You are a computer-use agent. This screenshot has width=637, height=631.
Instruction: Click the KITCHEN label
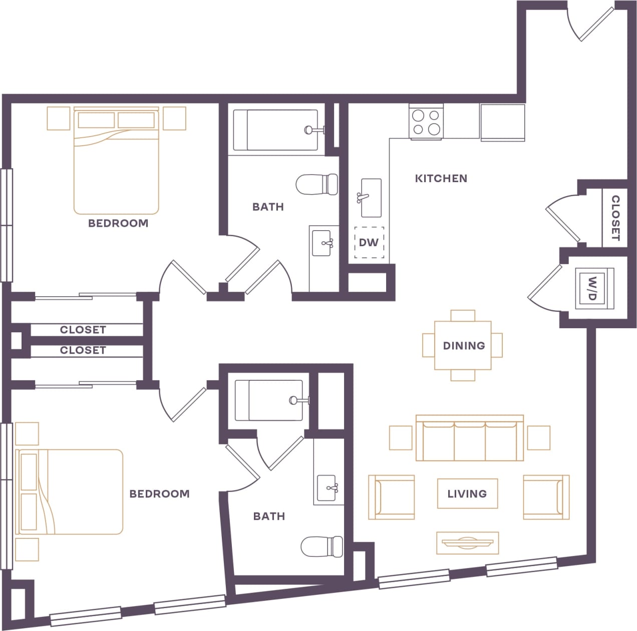point(441,178)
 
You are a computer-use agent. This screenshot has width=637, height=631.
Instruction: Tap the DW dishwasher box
point(369,243)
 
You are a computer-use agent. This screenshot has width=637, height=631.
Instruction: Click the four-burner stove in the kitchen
point(426,122)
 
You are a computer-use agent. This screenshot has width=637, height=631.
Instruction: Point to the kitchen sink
point(371,198)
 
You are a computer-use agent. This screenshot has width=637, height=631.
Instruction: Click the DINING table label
point(463,345)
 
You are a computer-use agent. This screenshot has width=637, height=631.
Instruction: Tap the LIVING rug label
point(467,493)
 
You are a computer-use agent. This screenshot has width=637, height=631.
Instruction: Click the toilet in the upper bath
point(317,184)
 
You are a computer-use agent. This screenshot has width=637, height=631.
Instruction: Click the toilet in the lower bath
point(322,546)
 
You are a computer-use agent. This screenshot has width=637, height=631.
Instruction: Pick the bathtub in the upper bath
point(275,130)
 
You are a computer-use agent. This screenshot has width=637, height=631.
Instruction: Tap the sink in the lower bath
point(327,485)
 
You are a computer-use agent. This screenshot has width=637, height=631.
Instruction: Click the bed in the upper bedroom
point(116,161)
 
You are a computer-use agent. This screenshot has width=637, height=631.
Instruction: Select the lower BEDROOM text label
point(159,493)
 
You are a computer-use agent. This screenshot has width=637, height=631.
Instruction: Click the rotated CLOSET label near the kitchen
point(615,218)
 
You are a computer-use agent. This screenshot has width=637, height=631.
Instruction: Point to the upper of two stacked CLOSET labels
point(83,329)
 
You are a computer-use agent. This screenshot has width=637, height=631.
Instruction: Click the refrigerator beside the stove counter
point(503,122)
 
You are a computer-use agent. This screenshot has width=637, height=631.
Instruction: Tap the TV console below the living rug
point(467,543)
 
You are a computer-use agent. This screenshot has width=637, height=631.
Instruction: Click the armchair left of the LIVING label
point(391,497)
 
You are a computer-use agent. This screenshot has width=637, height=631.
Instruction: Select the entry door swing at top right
point(591,23)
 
